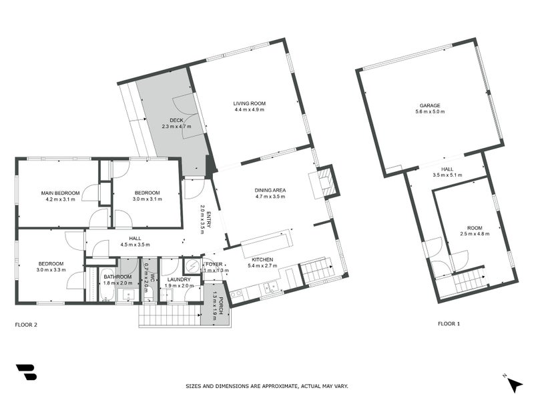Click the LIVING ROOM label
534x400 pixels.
point(250,103)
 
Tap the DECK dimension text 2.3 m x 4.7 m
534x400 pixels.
point(176,127)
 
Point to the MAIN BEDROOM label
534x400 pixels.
point(62,193)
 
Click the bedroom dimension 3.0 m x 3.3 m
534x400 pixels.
point(51,270)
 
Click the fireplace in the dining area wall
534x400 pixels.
point(324,181)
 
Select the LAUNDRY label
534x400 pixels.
point(180,279)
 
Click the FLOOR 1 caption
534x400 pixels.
point(449,324)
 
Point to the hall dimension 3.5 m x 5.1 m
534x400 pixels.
point(447,176)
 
